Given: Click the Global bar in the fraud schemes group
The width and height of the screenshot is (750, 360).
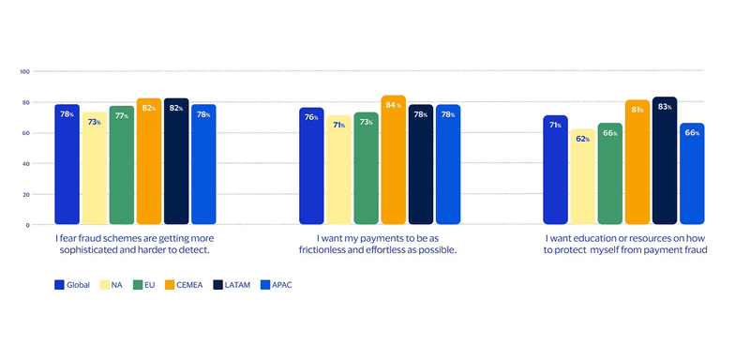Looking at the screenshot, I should click(67, 165).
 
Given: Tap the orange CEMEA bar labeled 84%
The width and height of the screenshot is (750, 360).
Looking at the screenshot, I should click(394, 160).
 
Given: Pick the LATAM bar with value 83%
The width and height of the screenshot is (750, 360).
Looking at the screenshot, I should click(665, 161).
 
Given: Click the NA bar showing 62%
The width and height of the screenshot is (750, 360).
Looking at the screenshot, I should click(583, 177).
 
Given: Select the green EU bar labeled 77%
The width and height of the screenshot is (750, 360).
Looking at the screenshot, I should click(121, 166).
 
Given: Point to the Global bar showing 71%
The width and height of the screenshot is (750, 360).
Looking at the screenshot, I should click(556, 171).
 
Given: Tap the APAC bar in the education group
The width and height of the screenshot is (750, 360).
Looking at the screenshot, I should click(692, 174).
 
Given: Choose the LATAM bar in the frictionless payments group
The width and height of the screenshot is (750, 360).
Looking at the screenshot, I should click(421, 165).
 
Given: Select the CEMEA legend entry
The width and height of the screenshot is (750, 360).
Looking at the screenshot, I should click(187, 285).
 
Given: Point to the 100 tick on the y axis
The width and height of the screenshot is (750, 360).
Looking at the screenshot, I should click(25, 71).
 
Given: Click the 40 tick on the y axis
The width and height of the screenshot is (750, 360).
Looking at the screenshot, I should click(26, 164).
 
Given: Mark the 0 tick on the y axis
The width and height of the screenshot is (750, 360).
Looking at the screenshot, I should click(28, 225).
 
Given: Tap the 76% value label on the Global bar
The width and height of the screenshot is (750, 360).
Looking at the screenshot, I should click(311, 117).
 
